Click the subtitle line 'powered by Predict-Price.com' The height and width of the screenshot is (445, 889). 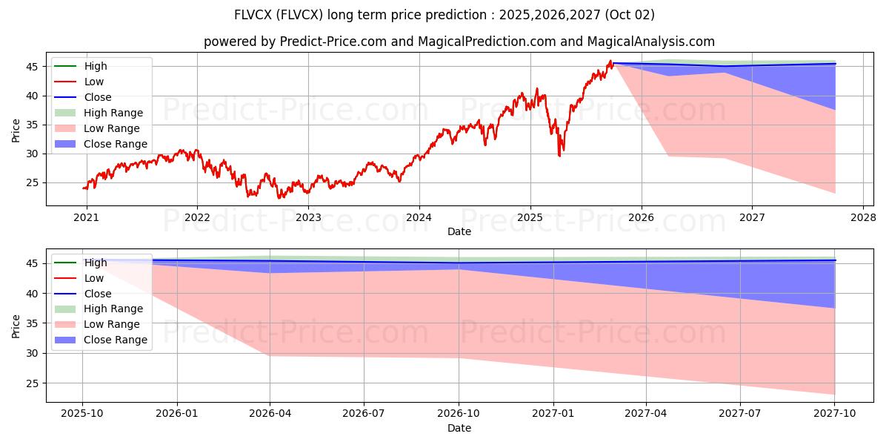click(x=459, y=42)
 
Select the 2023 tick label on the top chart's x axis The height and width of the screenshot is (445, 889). click(x=308, y=217)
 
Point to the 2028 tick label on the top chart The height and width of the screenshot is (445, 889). click(x=863, y=217)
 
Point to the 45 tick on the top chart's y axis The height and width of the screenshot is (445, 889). click(x=31, y=67)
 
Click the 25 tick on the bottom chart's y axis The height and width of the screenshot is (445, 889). click(x=31, y=383)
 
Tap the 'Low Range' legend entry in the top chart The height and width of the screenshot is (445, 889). click(x=111, y=128)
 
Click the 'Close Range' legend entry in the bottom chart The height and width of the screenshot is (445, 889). click(x=115, y=340)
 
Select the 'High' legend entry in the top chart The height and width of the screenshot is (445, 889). click(x=96, y=66)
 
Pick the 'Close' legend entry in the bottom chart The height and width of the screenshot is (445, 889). click(x=98, y=294)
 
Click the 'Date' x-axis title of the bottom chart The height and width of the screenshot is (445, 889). click(x=459, y=428)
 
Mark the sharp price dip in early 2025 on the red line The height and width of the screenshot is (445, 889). click(x=559, y=155)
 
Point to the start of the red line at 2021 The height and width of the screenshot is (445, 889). click(x=83, y=188)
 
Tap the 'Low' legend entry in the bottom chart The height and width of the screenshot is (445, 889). click(x=94, y=278)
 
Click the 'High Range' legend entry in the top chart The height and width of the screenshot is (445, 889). click(x=113, y=113)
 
